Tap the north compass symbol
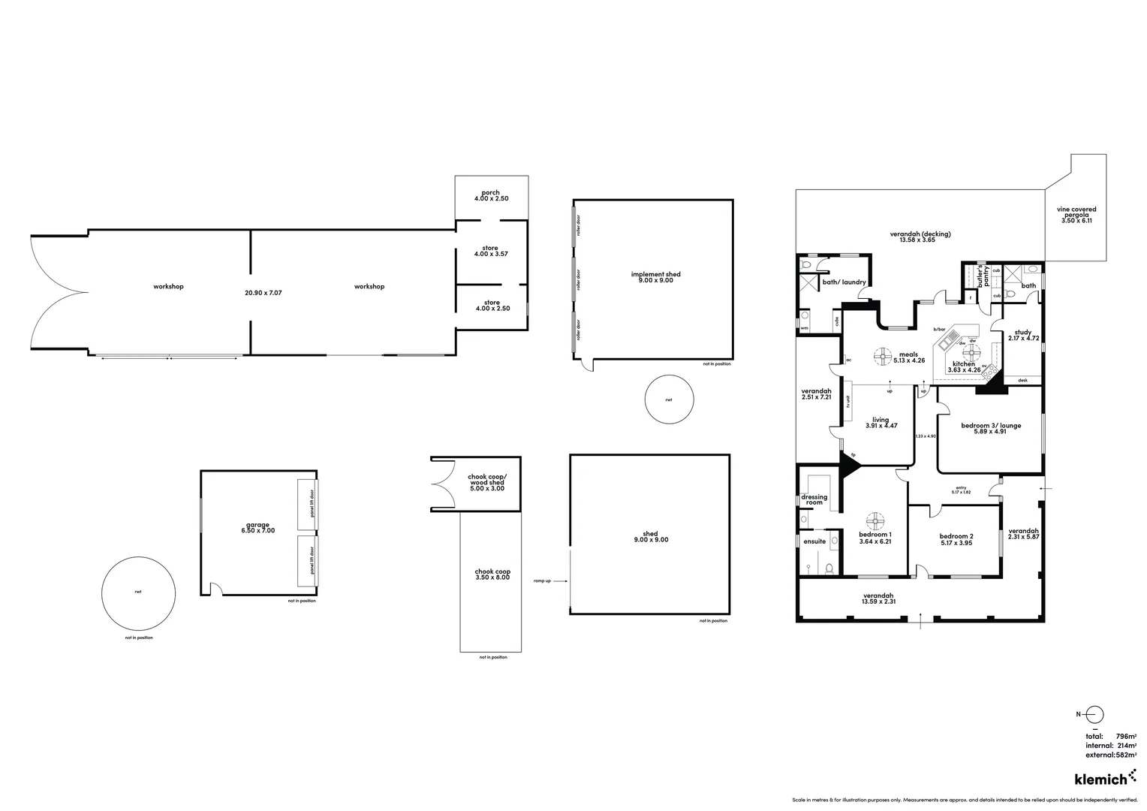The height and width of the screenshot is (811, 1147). pos(1095,715)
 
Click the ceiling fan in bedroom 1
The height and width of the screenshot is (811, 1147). pos(875,520)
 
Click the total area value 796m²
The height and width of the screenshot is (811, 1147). pos(1124,737)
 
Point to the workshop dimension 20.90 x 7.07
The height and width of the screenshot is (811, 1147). pos(263,292)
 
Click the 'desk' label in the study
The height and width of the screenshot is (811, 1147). pos(1022,381)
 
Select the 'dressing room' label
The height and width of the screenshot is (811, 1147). pos(814,499)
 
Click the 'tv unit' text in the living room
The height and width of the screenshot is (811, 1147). pos(848,403)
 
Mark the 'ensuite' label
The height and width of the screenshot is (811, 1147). pos(814,541)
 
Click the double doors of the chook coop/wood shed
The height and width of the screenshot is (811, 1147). pos(441,484)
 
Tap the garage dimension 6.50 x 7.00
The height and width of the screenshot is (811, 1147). pos(257,530)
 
